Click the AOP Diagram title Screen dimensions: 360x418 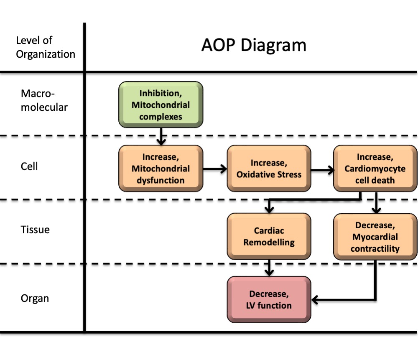[x=254, y=46]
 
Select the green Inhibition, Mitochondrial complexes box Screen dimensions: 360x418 [x=161, y=105]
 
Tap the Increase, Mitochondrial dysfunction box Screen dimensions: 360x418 [x=161, y=169]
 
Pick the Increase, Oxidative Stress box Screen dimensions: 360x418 [x=269, y=169]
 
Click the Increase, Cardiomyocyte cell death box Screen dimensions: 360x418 [x=375, y=169]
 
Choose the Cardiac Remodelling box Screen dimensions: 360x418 [x=269, y=236]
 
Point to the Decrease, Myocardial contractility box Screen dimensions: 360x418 [x=375, y=237]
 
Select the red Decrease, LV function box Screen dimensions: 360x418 [x=269, y=299]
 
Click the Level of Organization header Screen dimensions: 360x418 [x=46, y=47]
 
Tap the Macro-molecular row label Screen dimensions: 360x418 [x=44, y=100]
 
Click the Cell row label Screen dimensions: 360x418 [x=29, y=166]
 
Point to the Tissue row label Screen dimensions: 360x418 [x=35, y=229]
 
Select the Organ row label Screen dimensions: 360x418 [x=35, y=298]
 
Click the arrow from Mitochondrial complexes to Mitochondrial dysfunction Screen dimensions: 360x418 [x=161, y=136]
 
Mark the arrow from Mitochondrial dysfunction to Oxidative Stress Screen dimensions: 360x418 [x=215, y=169]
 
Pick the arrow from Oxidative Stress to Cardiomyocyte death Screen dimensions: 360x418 [x=322, y=170]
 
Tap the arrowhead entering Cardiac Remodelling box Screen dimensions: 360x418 [x=270, y=209]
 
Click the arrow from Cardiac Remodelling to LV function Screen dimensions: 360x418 [x=270, y=268]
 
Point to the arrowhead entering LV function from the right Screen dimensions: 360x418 [x=316, y=299]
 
